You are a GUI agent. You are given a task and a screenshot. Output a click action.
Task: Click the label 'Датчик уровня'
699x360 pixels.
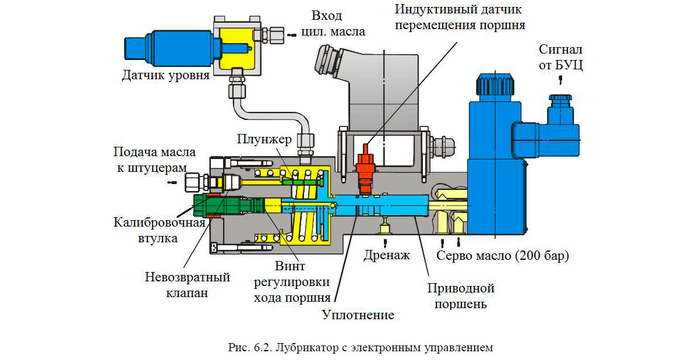pyautogui.click(x=165, y=75)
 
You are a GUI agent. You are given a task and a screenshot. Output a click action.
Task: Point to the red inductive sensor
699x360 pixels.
pyautogui.click(x=366, y=166)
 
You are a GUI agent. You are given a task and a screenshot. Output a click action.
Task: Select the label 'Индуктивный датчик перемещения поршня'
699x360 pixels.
pyautogui.click(x=460, y=17)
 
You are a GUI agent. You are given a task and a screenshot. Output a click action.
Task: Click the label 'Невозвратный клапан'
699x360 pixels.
pyautogui.click(x=188, y=285)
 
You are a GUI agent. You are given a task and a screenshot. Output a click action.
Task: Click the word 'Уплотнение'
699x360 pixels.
pyautogui.click(x=358, y=315)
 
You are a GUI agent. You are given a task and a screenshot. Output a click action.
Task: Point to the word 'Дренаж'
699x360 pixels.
pyautogui.click(x=387, y=255)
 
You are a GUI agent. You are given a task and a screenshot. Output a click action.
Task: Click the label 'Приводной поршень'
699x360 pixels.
pyautogui.click(x=460, y=296)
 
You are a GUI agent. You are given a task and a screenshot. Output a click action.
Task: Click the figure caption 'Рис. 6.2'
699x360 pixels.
pyautogui.click(x=361, y=348)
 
